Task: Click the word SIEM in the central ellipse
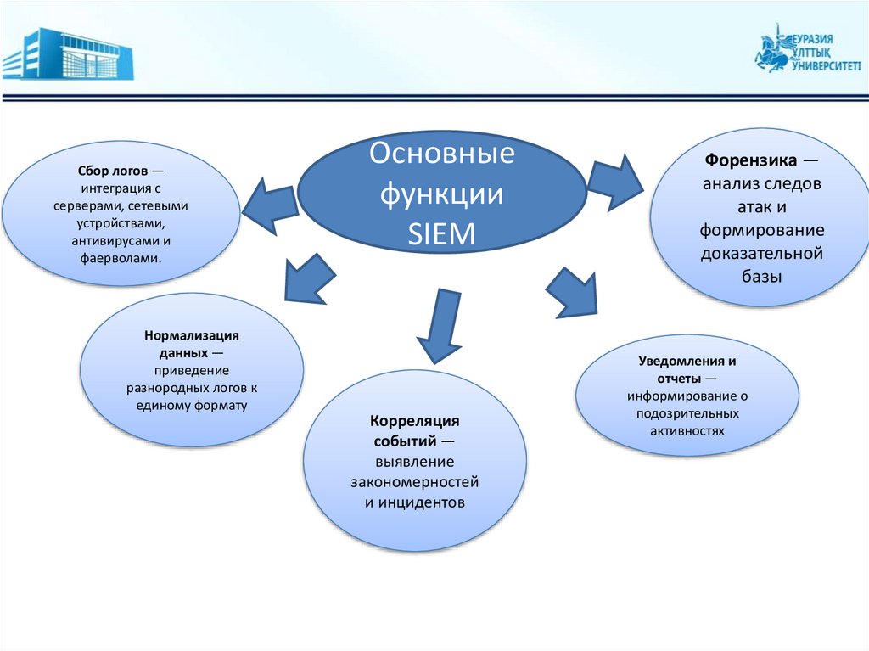tap(442, 234)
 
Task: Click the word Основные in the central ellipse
tap(442, 155)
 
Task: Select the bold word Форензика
tap(748, 160)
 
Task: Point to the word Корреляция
tap(415, 421)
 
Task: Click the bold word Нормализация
tap(192, 335)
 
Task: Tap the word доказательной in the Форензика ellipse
tap(762, 253)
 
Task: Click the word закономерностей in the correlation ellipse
tap(415, 482)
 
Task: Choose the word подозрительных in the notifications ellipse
tap(687, 413)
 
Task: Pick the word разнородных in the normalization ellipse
tap(162, 388)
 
